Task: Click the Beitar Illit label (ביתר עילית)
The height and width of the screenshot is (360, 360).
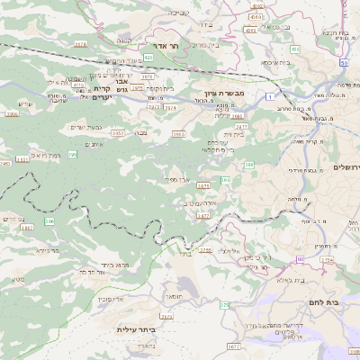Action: pyautogui.click(x=137, y=329)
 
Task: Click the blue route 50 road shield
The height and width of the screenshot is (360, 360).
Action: pyautogui.click(x=345, y=63)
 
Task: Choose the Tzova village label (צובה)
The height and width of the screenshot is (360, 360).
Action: pyautogui.click(x=141, y=131)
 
